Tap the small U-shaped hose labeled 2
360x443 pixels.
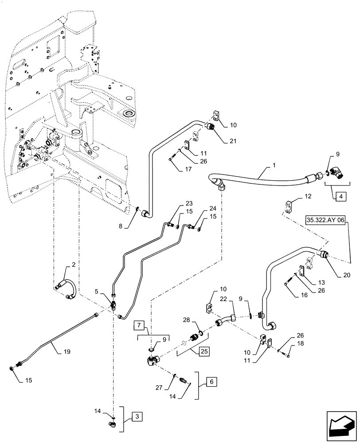click(67, 289)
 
